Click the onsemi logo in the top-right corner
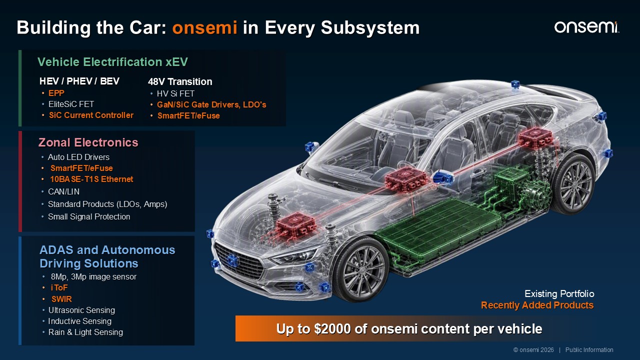(586, 27)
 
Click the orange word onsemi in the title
(204, 27)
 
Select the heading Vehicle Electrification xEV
(112, 62)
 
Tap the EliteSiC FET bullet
(71, 104)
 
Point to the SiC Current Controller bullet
(91, 115)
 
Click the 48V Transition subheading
(180, 81)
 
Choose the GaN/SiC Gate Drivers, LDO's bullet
(211, 105)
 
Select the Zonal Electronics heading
(88, 142)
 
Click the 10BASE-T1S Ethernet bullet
(91, 179)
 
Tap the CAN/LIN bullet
(63, 191)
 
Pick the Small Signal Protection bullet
(89, 217)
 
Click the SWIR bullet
(61, 299)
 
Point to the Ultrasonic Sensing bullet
(81, 310)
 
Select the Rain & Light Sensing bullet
(85, 332)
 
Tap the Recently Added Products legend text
(537, 305)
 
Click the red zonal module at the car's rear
(535, 138)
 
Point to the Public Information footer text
(589, 350)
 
